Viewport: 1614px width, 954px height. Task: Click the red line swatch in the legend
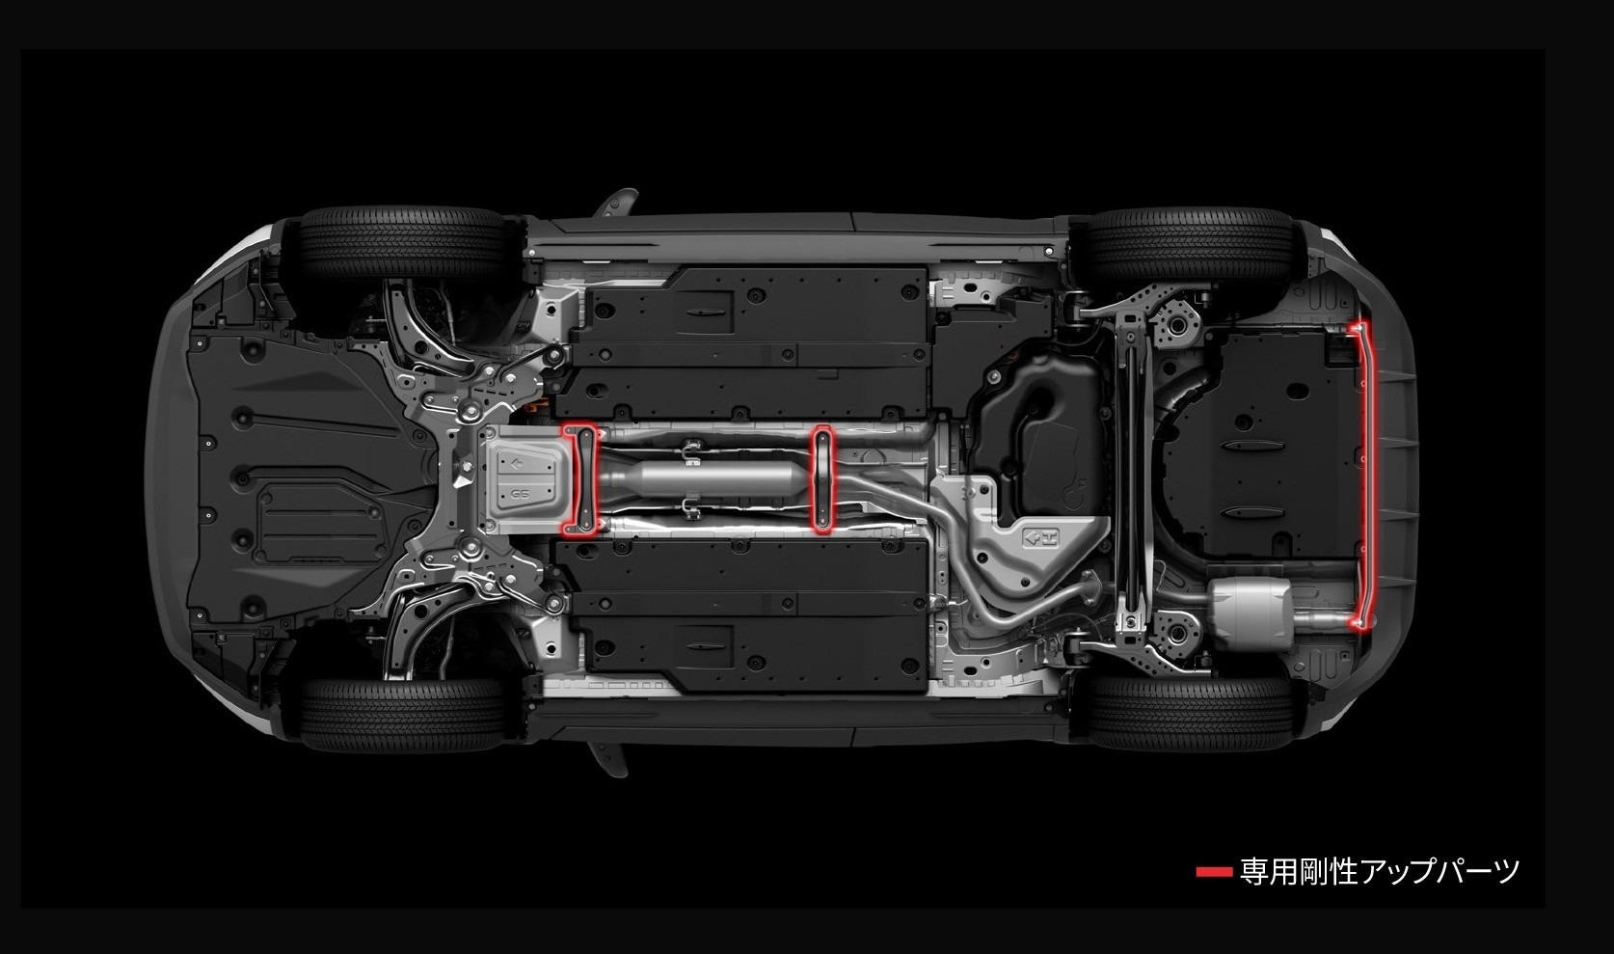pos(1213,872)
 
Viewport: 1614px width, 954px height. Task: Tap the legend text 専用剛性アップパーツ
pos(1379,872)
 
